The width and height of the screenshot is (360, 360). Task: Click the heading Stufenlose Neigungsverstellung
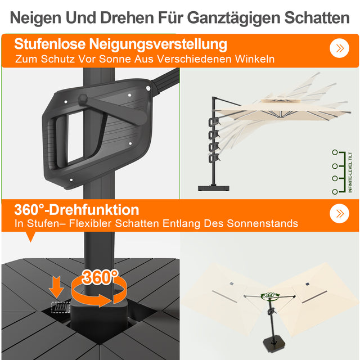121,44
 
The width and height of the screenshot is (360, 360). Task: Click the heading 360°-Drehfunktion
76,210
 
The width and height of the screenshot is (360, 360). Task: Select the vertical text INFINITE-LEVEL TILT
350,172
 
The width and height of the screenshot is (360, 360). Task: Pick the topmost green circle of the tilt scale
335,152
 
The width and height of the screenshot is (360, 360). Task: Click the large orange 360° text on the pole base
100,277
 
